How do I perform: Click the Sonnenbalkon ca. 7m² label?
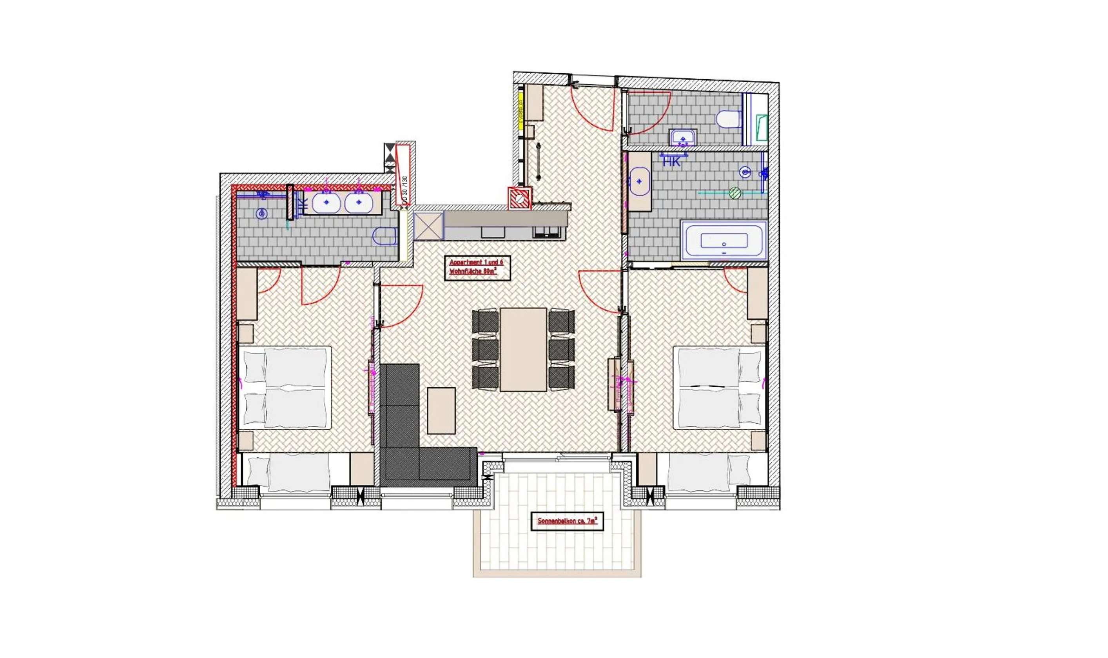(567, 522)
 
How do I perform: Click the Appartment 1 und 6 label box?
(477, 267)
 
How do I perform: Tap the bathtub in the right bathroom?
(724, 241)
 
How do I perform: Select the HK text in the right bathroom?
(671, 162)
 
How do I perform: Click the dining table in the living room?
(523, 350)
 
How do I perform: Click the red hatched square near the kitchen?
(519, 198)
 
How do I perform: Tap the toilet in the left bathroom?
(384, 236)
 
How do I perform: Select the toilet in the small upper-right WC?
(729, 119)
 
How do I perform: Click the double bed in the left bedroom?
(285, 388)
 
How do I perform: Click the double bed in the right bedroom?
(720, 388)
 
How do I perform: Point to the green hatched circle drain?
(735, 192)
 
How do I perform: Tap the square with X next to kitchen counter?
(428, 226)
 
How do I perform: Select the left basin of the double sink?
(326, 203)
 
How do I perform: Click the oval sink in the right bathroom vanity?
(639, 181)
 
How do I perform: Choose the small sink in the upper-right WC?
(683, 138)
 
